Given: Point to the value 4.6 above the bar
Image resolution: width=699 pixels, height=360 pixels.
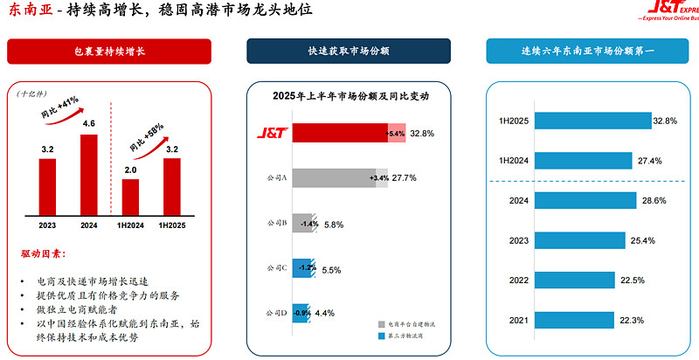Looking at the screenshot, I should click(x=89, y=124).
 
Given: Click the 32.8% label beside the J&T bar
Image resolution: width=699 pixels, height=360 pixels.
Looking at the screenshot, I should click(x=422, y=133).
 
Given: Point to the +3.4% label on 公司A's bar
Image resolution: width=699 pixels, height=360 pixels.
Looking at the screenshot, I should click(x=379, y=178).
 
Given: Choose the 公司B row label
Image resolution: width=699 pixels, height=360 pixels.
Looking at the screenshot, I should click(x=277, y=224).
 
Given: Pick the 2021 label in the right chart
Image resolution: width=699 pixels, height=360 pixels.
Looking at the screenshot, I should click(x=518, y=321).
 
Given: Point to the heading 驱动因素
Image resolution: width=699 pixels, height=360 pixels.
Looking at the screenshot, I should click(x=43, y=254).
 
